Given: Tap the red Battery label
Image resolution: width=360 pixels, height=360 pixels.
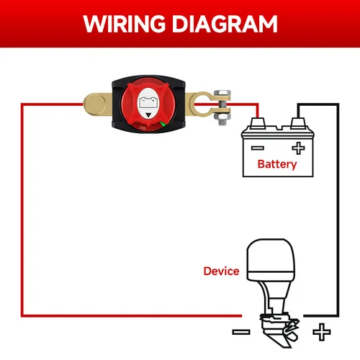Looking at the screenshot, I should (277, 164).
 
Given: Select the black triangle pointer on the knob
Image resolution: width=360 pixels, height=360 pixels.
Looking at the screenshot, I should (148, 114).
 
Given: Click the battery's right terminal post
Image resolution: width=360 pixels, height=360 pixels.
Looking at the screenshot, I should (295, 122).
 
